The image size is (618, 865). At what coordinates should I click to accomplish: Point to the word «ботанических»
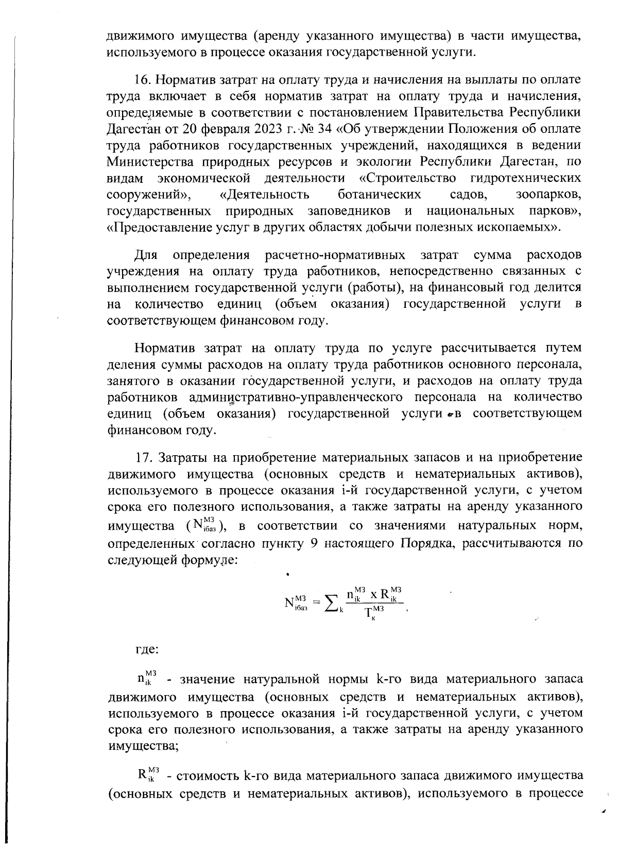[380, 195]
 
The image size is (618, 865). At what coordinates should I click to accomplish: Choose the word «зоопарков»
[548, 195]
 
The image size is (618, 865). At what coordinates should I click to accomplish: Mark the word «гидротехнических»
[526, 178]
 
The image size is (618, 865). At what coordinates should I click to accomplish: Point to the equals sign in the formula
[316, 601]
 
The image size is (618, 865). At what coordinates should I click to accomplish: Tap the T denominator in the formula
[369, 613]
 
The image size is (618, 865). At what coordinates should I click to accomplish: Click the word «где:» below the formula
[146, 649]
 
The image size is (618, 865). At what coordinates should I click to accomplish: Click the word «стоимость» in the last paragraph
[209, 775]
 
